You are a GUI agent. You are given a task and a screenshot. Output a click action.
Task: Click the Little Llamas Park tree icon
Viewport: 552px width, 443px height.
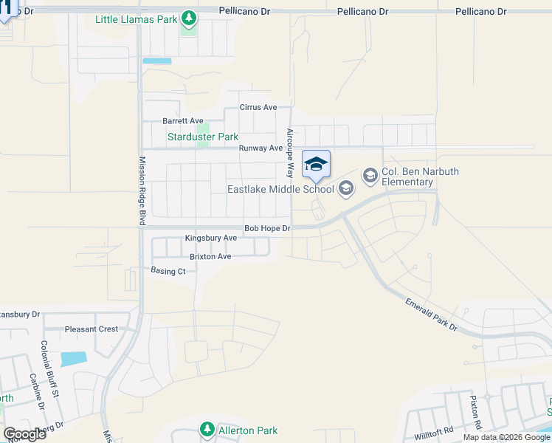click(189, 17)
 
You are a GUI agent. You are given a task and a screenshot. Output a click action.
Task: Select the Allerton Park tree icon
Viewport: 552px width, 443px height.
click(207, 429)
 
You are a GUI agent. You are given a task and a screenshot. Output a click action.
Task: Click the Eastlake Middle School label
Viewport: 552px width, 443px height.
click(280, 190)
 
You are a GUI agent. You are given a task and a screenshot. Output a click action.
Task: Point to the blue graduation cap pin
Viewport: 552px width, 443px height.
click(316, 165)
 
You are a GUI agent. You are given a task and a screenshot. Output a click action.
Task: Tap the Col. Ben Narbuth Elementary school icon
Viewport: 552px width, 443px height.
click(370, 175)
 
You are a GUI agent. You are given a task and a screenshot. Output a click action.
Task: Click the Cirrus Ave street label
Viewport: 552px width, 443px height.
click(258, 107)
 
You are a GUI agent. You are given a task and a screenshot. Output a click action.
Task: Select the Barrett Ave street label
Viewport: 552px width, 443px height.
click(182, 121)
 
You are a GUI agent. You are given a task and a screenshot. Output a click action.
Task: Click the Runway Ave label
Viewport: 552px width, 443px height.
click(261, 148)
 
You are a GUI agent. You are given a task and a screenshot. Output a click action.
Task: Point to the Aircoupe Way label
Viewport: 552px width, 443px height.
click(290, 153)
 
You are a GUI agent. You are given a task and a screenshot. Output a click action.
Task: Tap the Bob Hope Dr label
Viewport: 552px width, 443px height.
click(267, 229)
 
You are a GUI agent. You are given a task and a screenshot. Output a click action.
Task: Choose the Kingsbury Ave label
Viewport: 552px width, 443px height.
click(210, 238)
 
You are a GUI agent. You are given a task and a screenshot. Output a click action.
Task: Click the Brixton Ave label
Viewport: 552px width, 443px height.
click(210, 257)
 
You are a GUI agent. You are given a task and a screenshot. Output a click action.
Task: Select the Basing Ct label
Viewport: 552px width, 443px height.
click(168, 272)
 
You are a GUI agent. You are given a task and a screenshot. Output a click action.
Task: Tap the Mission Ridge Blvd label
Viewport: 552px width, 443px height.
click(142, 192)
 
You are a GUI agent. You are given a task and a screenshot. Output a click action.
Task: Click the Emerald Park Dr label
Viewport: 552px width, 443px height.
click(431, 313)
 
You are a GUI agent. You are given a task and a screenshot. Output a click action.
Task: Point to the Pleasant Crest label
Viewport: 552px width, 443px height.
click(91, 329)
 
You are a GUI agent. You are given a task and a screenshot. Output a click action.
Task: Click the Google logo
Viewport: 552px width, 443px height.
click(24, 433)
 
